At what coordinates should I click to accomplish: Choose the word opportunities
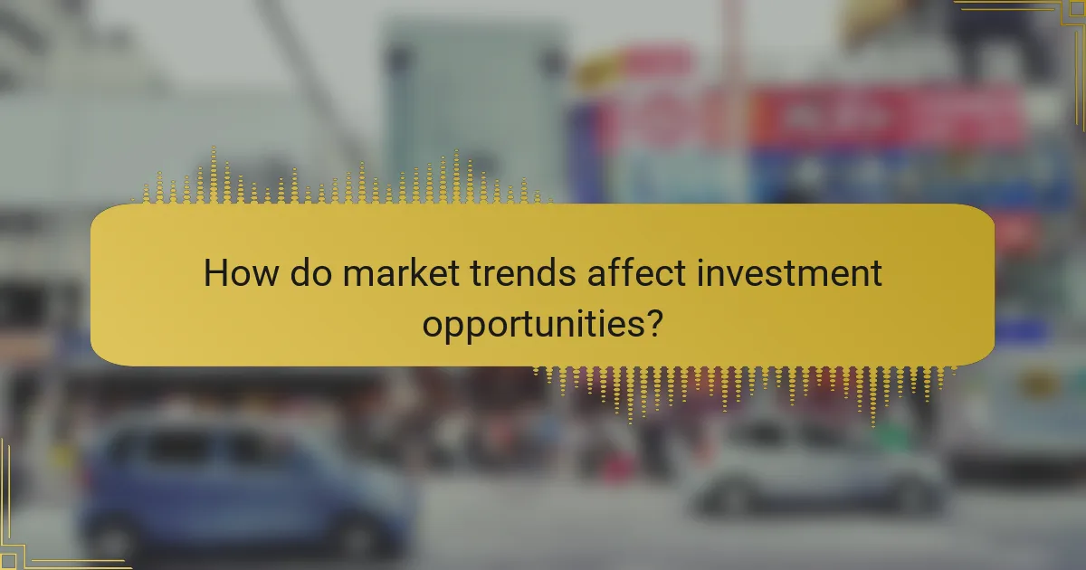[x=530, y=322]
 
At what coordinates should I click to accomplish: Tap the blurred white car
[x=814, y=466]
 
